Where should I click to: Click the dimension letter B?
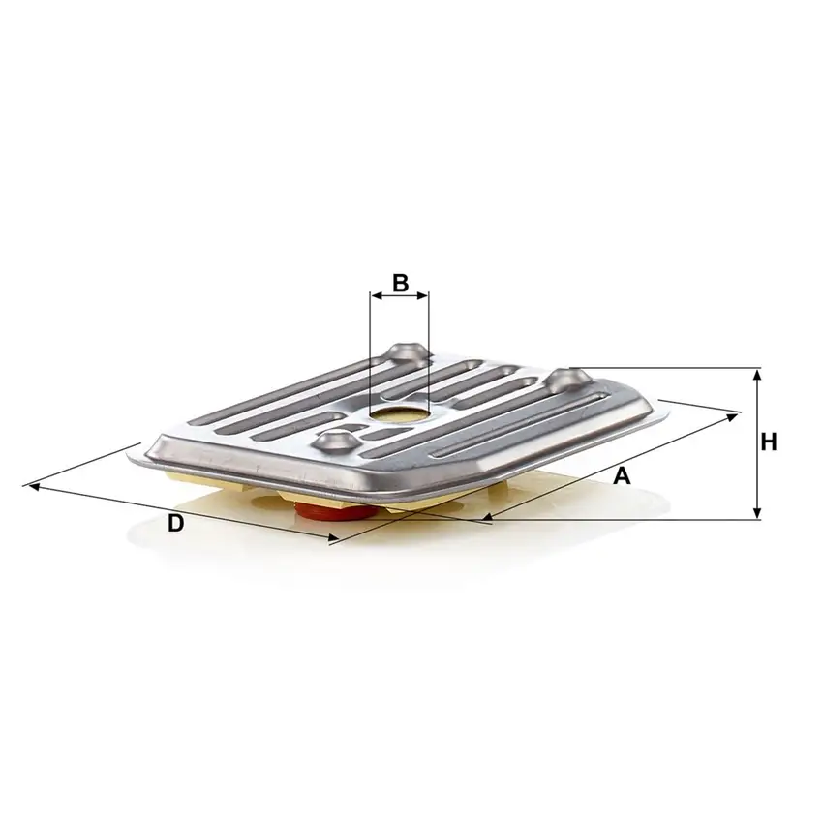pyautogui.click(x=399, y=283)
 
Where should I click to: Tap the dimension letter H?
pyautogui.click(x=768, y=442)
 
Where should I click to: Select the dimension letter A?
pyautogui.click(x=623, y=475)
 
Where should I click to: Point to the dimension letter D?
pyautogui.click(x=175, y=523)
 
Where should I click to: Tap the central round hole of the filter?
pyautogui.click(x=399, y=415)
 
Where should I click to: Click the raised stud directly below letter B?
pyautogui.click(x=404, y=352)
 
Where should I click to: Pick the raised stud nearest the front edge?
pyautogui.click(x=335, y=442)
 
